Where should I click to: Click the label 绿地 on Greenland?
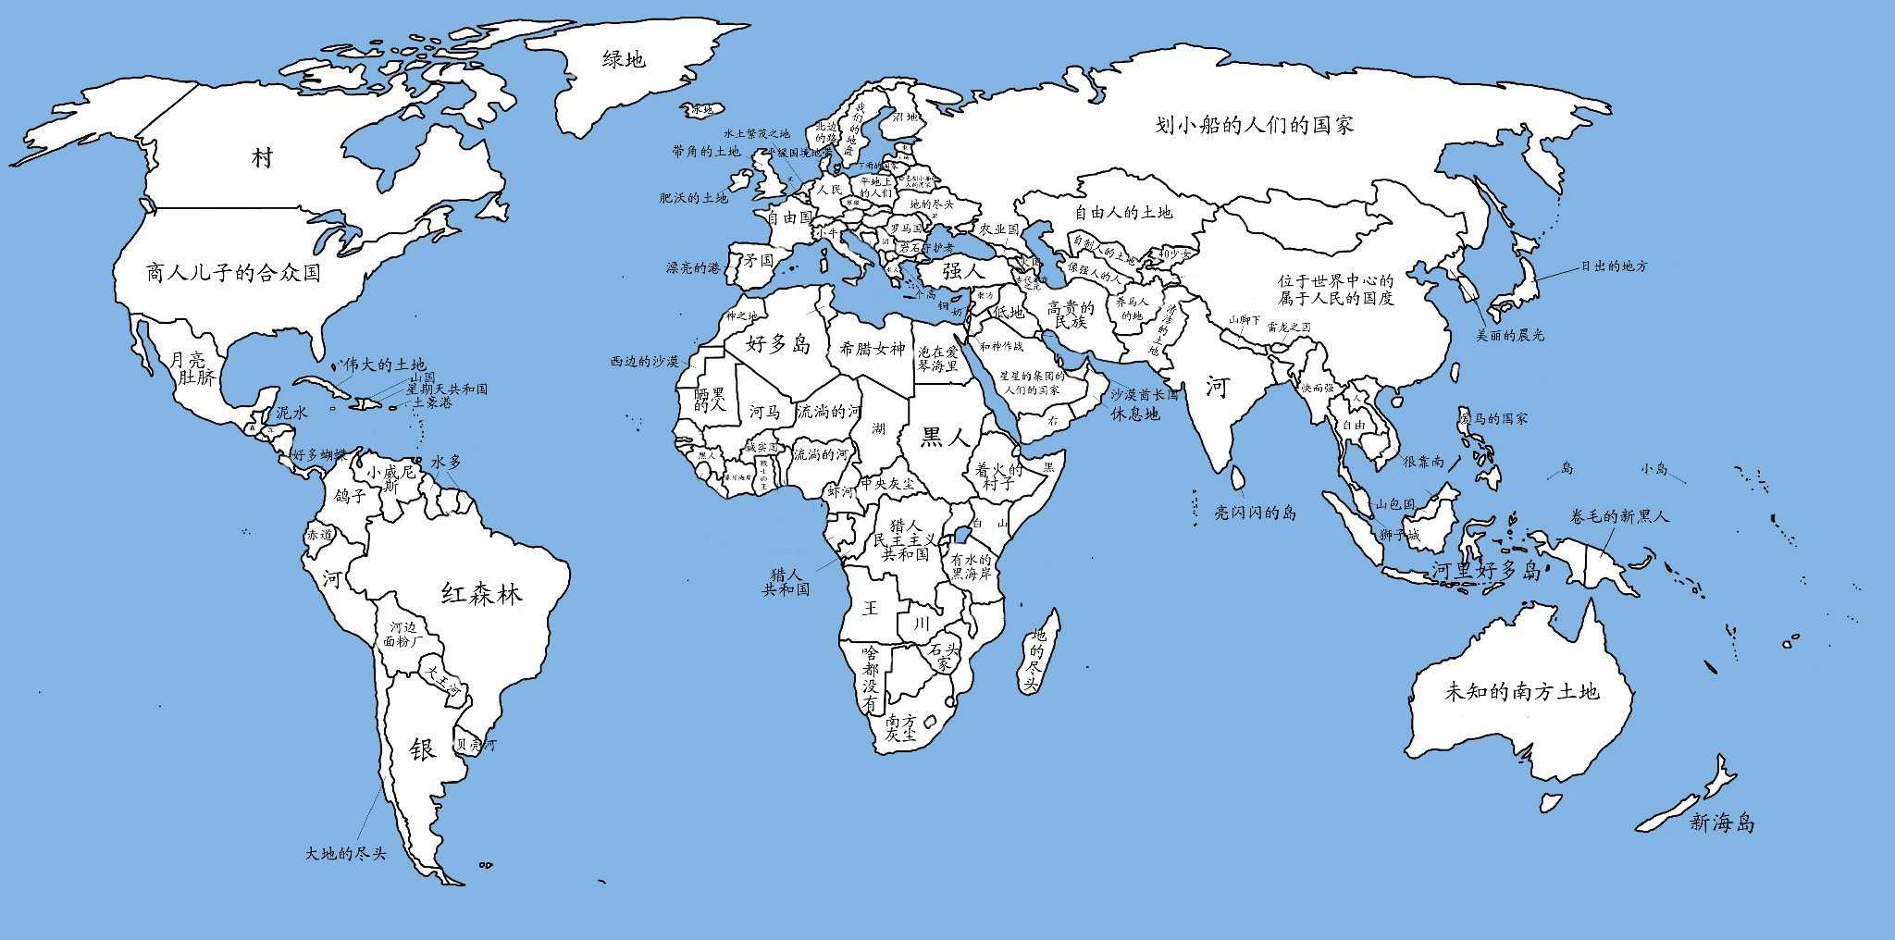pyautogui.click(x=624, y=60)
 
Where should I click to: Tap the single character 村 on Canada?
pyautogui.click(x=263, y=157)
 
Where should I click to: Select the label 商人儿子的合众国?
pyautogui.click(x=233, y=272)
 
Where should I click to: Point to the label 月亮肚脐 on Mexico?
pyautogui.click(x=195, y=368)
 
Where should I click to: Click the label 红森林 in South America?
pyautogui.click(x=481, y=592)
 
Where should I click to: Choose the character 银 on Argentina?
pyautogui.click(x=422, y=749)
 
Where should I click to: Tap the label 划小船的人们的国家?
pyautogui.click(x=1255, y=125)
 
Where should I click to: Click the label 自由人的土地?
pyautogui.click(x=1122, y=212)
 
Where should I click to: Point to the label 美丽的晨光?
pyautogui.click(x=1509, y=335)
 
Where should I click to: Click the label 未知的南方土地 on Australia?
pyautogui.click(x=1520, y=691)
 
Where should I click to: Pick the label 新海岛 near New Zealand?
pyautogui.click(x=1722, y=822)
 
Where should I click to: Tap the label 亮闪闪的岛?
pyautogui.click(x=1255, y=513)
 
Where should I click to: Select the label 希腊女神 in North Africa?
pyautogui.click(x=872, y=349)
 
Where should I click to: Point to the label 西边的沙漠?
pyautogui.click(x=645, y=361)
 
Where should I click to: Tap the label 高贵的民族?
pyautogui.click(x=1070, y=315)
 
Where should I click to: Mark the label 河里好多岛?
pyautogui.click(x=1486, y=570)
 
